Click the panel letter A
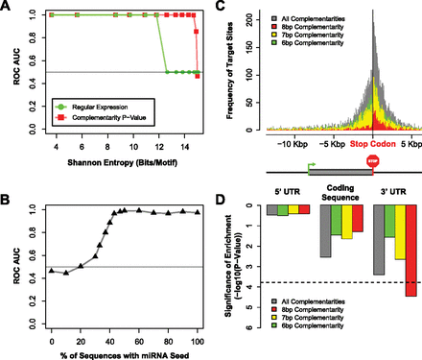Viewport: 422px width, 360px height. pyautogui.click(x=8, y=8)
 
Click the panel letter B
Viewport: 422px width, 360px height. pyautogui.click(x=8, y=179)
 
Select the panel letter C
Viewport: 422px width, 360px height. pyautogui.click(x=221, y=8)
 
